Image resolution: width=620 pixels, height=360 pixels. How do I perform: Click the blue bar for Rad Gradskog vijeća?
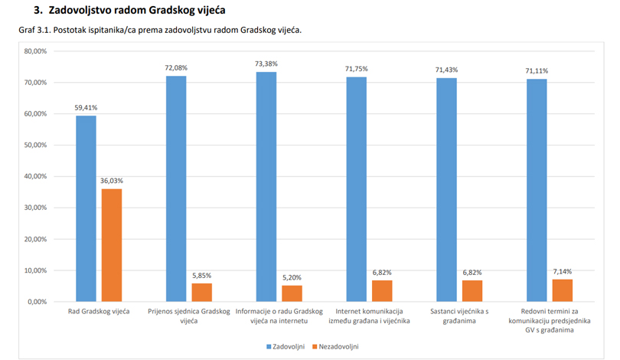pos(86,208)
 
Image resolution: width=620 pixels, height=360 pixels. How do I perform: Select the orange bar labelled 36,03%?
pos(112,245)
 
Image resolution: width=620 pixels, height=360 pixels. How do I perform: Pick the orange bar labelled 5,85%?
pos(202,293)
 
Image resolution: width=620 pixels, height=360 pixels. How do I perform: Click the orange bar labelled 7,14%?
pos(563,290)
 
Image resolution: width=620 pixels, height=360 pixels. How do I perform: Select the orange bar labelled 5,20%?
pos(292,293)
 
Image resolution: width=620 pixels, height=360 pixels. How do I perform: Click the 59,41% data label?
pos(86,108)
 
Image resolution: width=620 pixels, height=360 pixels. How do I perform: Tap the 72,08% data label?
pos(176,68)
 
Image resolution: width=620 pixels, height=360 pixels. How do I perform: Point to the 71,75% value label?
pos(356,69)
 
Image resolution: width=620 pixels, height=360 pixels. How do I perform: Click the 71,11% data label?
pos(537,71)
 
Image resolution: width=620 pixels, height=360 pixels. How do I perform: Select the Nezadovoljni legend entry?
pos(336,346)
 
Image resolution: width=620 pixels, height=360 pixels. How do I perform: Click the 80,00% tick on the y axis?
pos(36,51)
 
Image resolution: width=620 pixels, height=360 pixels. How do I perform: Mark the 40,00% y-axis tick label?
pos(36,176)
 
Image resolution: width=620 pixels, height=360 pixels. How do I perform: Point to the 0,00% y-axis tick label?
pos(38,302)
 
